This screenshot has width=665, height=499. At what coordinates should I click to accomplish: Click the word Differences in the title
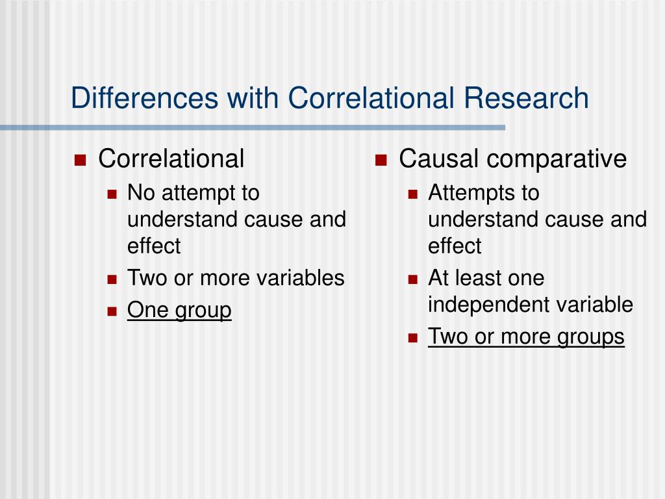click(144, 98)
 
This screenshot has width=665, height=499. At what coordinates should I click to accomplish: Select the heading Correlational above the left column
click(171, 159)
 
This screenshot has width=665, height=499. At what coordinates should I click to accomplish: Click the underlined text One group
click(179, 311)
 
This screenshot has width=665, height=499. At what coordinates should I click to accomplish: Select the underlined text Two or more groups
click(526, 337)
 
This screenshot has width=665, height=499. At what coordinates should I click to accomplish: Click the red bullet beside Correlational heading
click(81, 160)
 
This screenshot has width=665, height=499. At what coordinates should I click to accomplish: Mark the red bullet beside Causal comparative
click(381, 160)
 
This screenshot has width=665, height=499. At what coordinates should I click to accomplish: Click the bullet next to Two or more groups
click(412, 338)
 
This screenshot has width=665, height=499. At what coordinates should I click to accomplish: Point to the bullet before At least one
click(412, 279)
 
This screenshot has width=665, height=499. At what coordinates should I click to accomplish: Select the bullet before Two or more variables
click(112, 279)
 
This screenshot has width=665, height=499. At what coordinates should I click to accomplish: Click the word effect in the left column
click(154, 246)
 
